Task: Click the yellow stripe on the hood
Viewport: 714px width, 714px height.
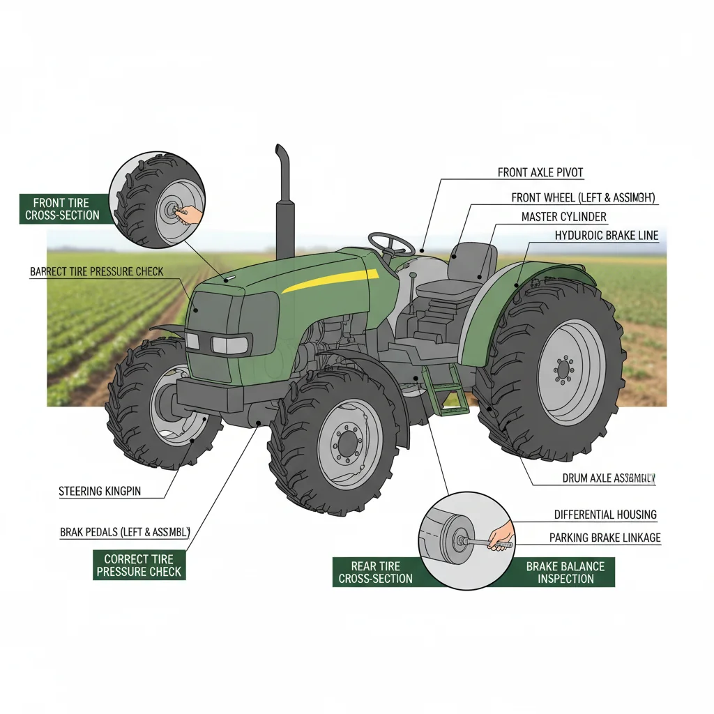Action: click(331, 278)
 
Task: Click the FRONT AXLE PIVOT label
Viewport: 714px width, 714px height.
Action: click(540, 172)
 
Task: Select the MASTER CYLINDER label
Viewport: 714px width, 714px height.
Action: click(563, 217)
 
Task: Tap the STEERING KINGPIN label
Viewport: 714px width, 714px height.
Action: click(100, 492)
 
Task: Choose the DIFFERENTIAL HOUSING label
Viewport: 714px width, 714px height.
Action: click(605, 515)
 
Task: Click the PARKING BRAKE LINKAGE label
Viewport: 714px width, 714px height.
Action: click(605, 538)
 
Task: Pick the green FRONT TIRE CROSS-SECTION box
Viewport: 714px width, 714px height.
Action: click(63, 209)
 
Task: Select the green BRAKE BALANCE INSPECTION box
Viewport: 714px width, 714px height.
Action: click(565, 572)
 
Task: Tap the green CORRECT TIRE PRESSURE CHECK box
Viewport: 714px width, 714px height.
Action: click(139, 565)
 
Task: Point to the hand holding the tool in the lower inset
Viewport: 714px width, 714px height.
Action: click(500, 537)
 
